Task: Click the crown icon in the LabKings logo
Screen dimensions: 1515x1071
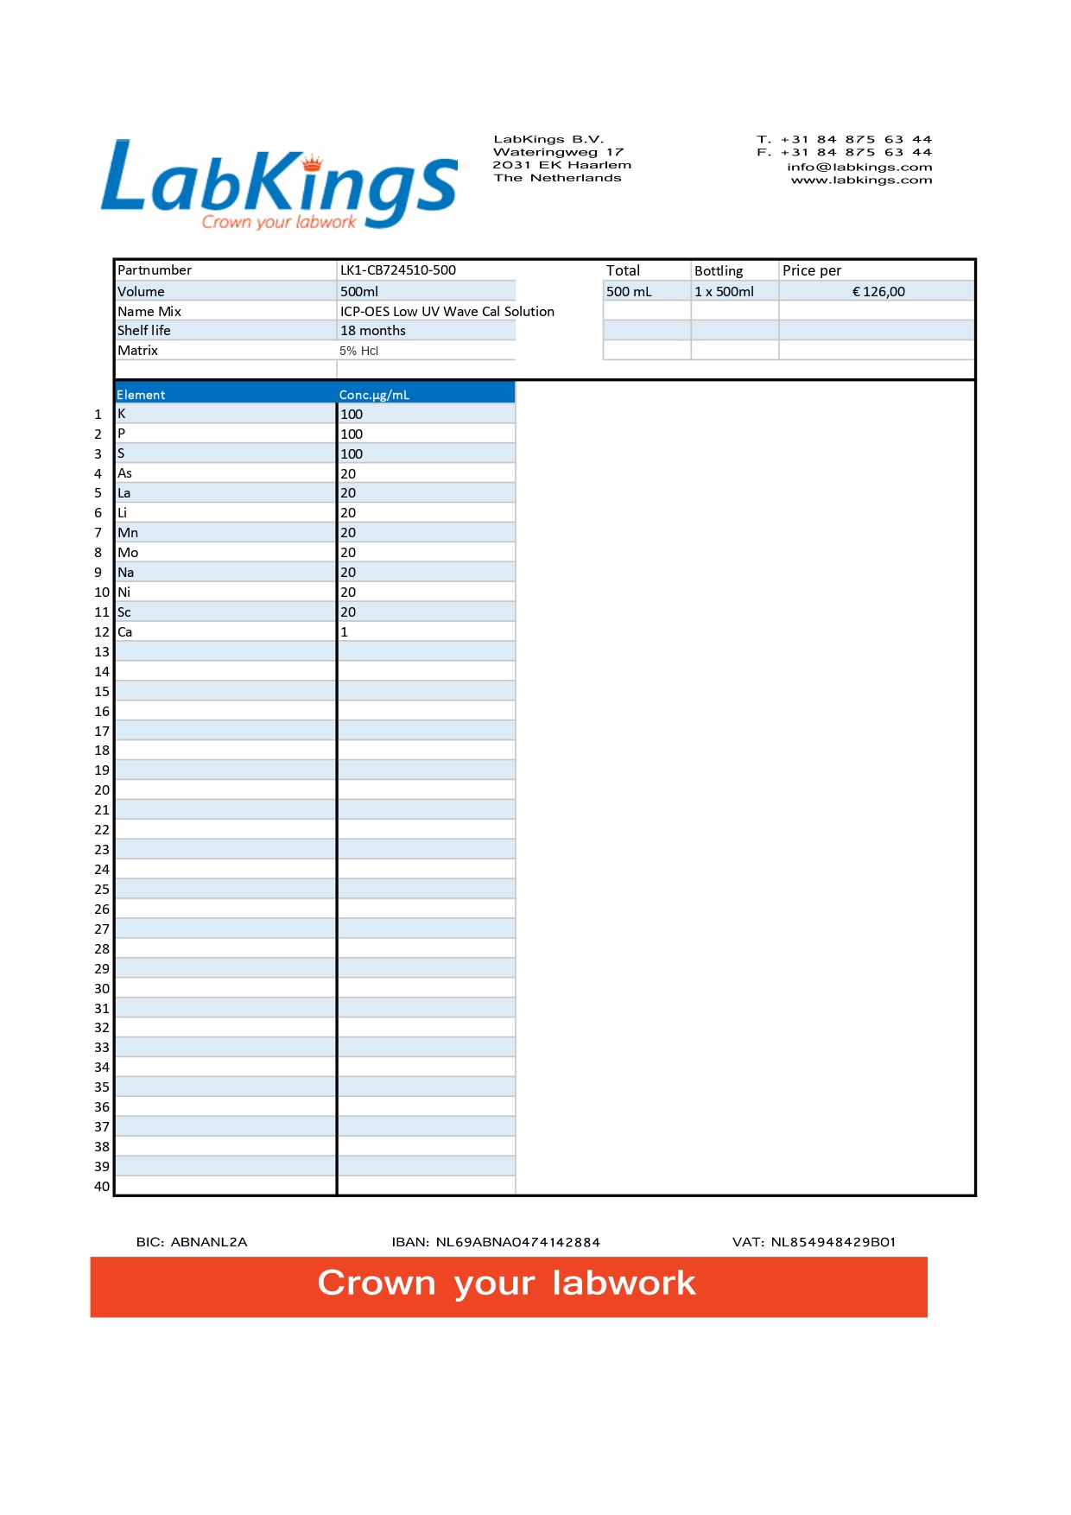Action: click(312, 162)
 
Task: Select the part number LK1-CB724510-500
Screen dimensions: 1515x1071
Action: click(397, 270)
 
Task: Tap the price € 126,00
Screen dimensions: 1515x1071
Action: click(878, 292)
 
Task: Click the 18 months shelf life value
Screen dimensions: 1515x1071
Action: click(372, 331)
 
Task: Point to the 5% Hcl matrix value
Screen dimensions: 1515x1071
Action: click(358, 351)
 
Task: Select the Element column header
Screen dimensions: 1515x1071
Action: click(141, 395)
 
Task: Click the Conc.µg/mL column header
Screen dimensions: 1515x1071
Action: click(374, 395)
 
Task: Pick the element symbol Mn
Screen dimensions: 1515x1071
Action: click(128, 533)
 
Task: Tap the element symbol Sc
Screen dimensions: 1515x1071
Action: click(124, 612)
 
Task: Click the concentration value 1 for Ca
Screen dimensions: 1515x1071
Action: click(345, 632)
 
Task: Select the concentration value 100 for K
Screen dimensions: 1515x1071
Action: click(351, 415)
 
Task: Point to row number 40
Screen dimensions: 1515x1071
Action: click(102, 1187)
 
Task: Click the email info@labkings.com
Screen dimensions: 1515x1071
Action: click(859, 168)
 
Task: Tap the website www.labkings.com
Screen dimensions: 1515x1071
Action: click(861, 181)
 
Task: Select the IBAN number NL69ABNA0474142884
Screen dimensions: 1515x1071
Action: click(517, 1242)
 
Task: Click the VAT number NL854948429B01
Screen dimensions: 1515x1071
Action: click(833, 1242)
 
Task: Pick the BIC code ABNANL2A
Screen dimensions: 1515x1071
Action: click(208, 1242)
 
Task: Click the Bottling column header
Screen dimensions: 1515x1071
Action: click(719, 271)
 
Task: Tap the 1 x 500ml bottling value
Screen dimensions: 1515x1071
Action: click(724, 292)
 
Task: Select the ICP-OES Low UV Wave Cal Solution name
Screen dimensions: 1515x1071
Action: click(447, 312)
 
